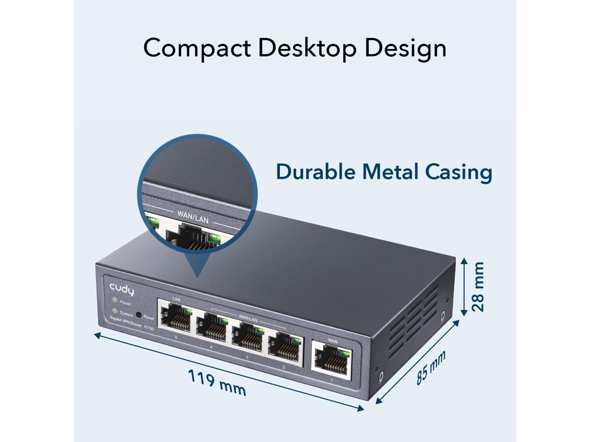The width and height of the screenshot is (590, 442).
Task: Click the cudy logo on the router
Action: pos(122,290)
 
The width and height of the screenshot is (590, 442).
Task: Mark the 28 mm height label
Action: pos(478,286)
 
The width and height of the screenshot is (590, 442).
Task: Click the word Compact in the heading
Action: pos(196,48)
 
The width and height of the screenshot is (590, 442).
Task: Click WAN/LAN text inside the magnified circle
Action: pos(193,217)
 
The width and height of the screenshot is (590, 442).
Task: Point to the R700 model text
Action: pos(149,328)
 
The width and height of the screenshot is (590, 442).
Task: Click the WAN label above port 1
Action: pos(332,341)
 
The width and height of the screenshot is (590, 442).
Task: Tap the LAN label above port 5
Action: pos(176,299)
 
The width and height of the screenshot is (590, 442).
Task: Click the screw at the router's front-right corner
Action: pos(381,376)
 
